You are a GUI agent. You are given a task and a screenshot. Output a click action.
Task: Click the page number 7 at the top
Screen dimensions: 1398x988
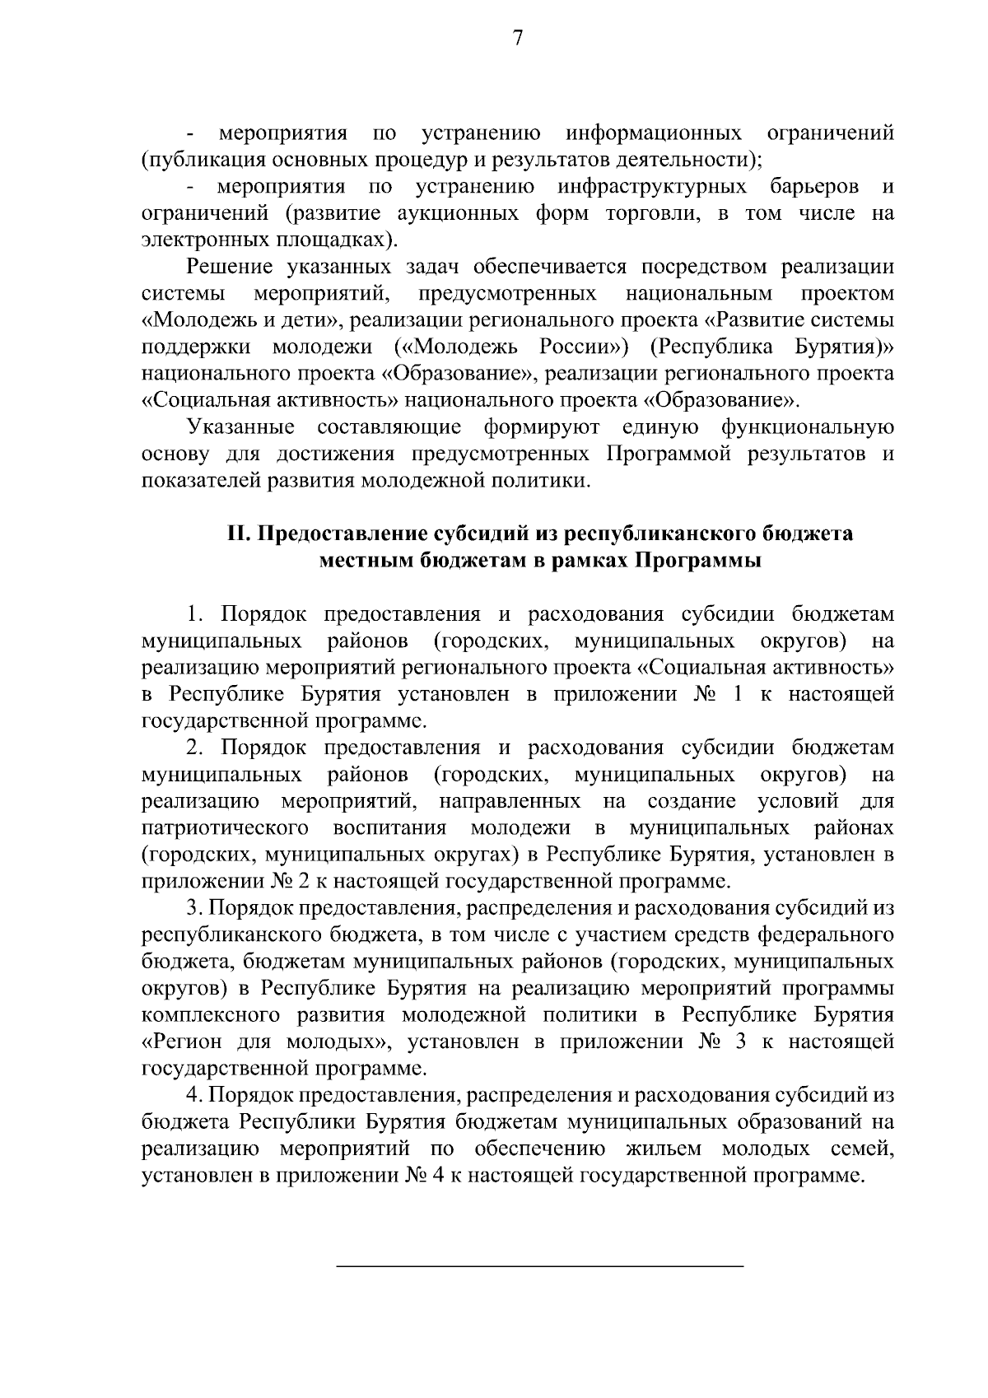tap(518, 39)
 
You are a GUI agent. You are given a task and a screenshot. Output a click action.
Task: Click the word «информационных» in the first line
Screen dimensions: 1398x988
tap(654, 133)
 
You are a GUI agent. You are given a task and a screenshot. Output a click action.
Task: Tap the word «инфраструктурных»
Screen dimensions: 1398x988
tap(652, 186)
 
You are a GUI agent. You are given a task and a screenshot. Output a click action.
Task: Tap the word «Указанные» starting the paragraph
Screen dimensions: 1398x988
tap(241, 427)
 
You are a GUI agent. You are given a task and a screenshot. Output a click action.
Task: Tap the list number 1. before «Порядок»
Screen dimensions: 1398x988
tap(195, 614)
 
